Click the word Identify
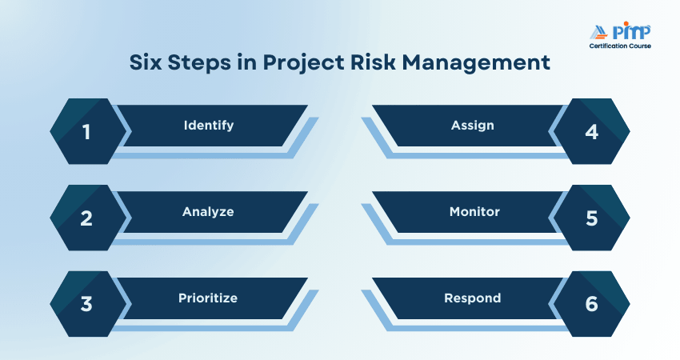209,126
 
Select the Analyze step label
208,212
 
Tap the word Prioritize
208,298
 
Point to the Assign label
473,126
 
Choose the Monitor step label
474,212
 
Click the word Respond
473,298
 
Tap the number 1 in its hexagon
86,132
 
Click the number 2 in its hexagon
86,218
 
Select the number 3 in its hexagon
86,304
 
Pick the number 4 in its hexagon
592,132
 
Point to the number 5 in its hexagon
592,218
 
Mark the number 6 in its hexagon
592,304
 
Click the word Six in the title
146,62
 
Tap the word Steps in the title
199,63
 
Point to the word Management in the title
476,63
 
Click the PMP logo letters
631,31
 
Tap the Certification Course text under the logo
620,46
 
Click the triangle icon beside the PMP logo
599,33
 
